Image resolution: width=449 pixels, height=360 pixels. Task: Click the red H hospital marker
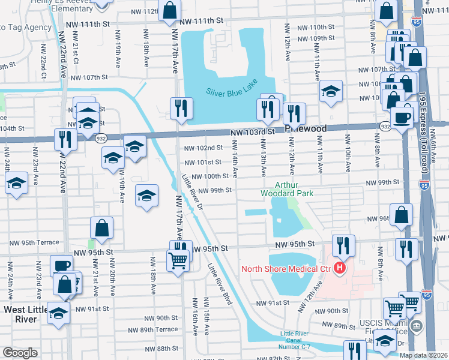coord(340,268)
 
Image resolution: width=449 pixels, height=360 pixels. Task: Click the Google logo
coord(20,353)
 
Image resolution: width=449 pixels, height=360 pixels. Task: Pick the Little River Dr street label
coord(193,191)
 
